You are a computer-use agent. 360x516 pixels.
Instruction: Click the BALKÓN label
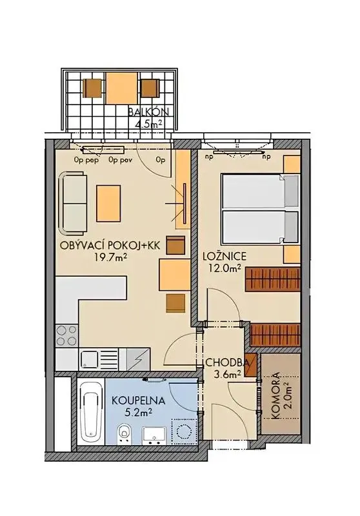[148, 112]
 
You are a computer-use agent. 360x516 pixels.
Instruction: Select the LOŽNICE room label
[225, 255]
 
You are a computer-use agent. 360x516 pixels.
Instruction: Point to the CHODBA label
[227, 362]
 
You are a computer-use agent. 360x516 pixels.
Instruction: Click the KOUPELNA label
[138, 401]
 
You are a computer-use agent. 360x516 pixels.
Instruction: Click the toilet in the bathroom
[125, 433]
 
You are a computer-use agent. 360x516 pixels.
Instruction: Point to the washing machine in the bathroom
[185, 431]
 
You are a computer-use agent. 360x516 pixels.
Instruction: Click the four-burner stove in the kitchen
[67, 335]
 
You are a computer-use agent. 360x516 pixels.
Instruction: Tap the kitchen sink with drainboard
[99, 359]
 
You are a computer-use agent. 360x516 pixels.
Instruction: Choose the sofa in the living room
[74, 203]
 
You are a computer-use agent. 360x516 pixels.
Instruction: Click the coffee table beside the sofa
[108, 203]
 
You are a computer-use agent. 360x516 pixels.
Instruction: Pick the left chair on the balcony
[92, 88]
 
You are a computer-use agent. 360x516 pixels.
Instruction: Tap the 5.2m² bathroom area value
[138, 412]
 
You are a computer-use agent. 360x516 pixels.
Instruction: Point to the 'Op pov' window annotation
[121, 160]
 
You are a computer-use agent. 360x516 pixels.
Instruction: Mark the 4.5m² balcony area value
[148, 123]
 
